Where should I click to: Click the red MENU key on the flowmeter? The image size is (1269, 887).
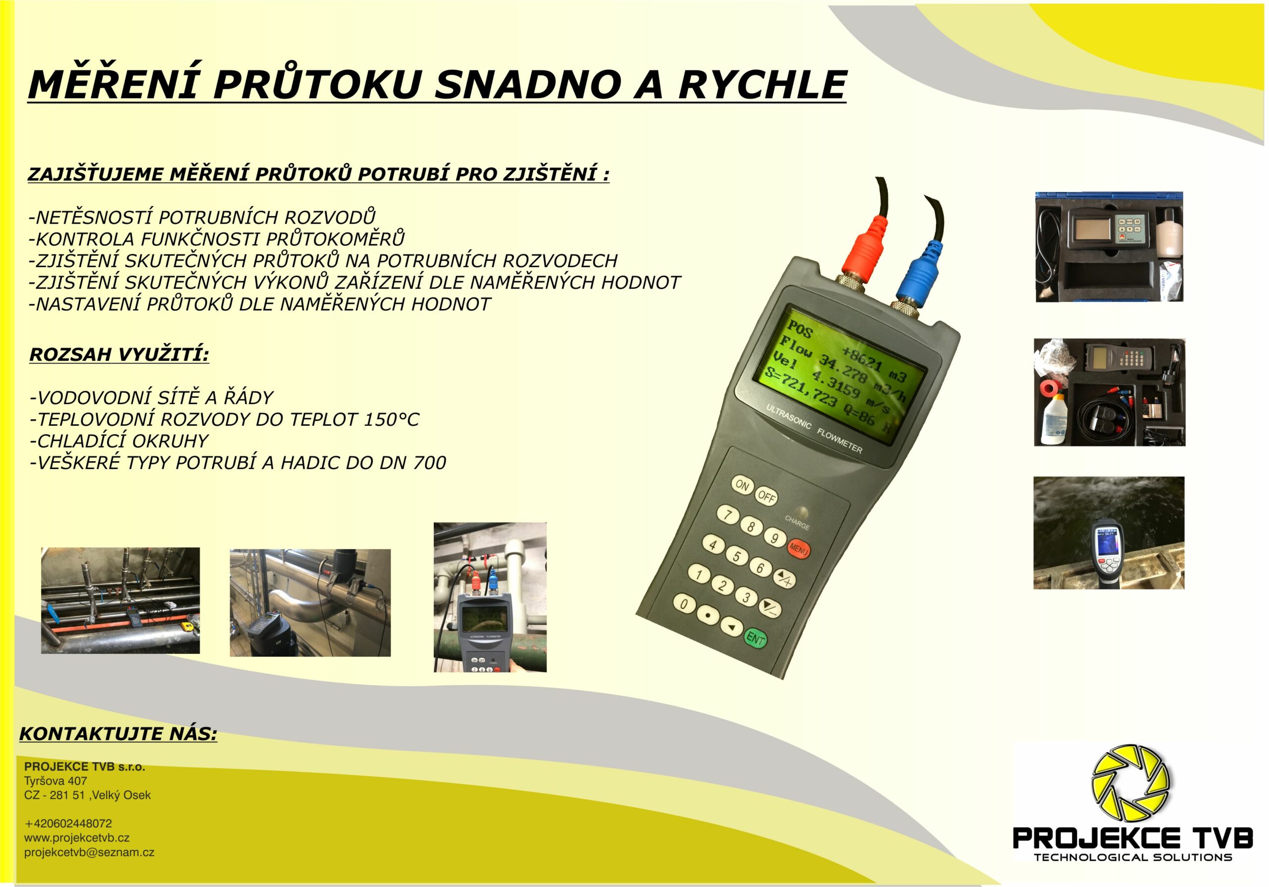pyautogui.click(x=799, y=549)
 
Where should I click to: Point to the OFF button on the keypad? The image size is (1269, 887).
pyautogui.click(x=766, y=496)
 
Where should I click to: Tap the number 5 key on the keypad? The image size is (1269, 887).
pyautogui.click(x=737, y=555)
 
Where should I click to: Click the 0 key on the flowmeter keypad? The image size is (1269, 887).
pyautogui.click(x=684, y=604)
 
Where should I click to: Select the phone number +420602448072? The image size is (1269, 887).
pyautogui.click(x=68, y=824)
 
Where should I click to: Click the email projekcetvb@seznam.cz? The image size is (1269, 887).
pyautogui.click(x=89, y=852)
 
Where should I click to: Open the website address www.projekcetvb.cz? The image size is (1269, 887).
pyautogui.click(x=77, y=838)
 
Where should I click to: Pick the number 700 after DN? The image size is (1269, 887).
pyautogui.click(x=429, y=463)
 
